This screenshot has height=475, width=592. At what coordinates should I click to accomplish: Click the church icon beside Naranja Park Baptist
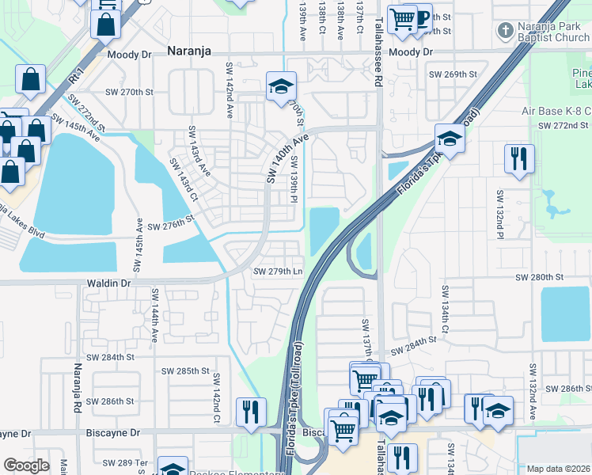(x=505, y=32)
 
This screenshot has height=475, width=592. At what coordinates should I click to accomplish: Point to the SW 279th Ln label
(x=278, y=272)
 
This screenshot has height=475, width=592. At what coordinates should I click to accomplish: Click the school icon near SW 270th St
(x=279, y=88)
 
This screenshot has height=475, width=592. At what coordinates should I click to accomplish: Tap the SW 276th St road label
(x=171, y=226)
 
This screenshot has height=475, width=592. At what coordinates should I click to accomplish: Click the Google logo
(x=26, y=465)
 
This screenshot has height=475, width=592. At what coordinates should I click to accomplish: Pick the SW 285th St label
(x=185, y=370)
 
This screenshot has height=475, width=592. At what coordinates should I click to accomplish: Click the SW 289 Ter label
(x=131, y=462)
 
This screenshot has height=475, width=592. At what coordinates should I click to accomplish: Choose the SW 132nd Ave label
(x=533, y=391)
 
